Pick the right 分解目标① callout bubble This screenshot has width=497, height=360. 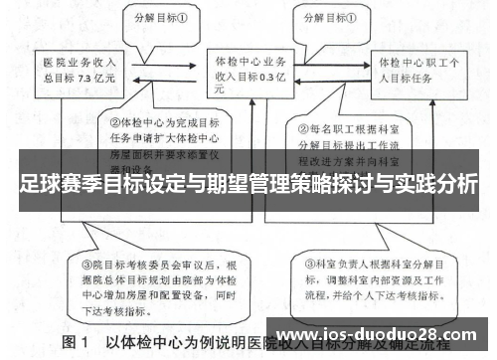339,17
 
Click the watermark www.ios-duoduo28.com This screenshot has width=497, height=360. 382,334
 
